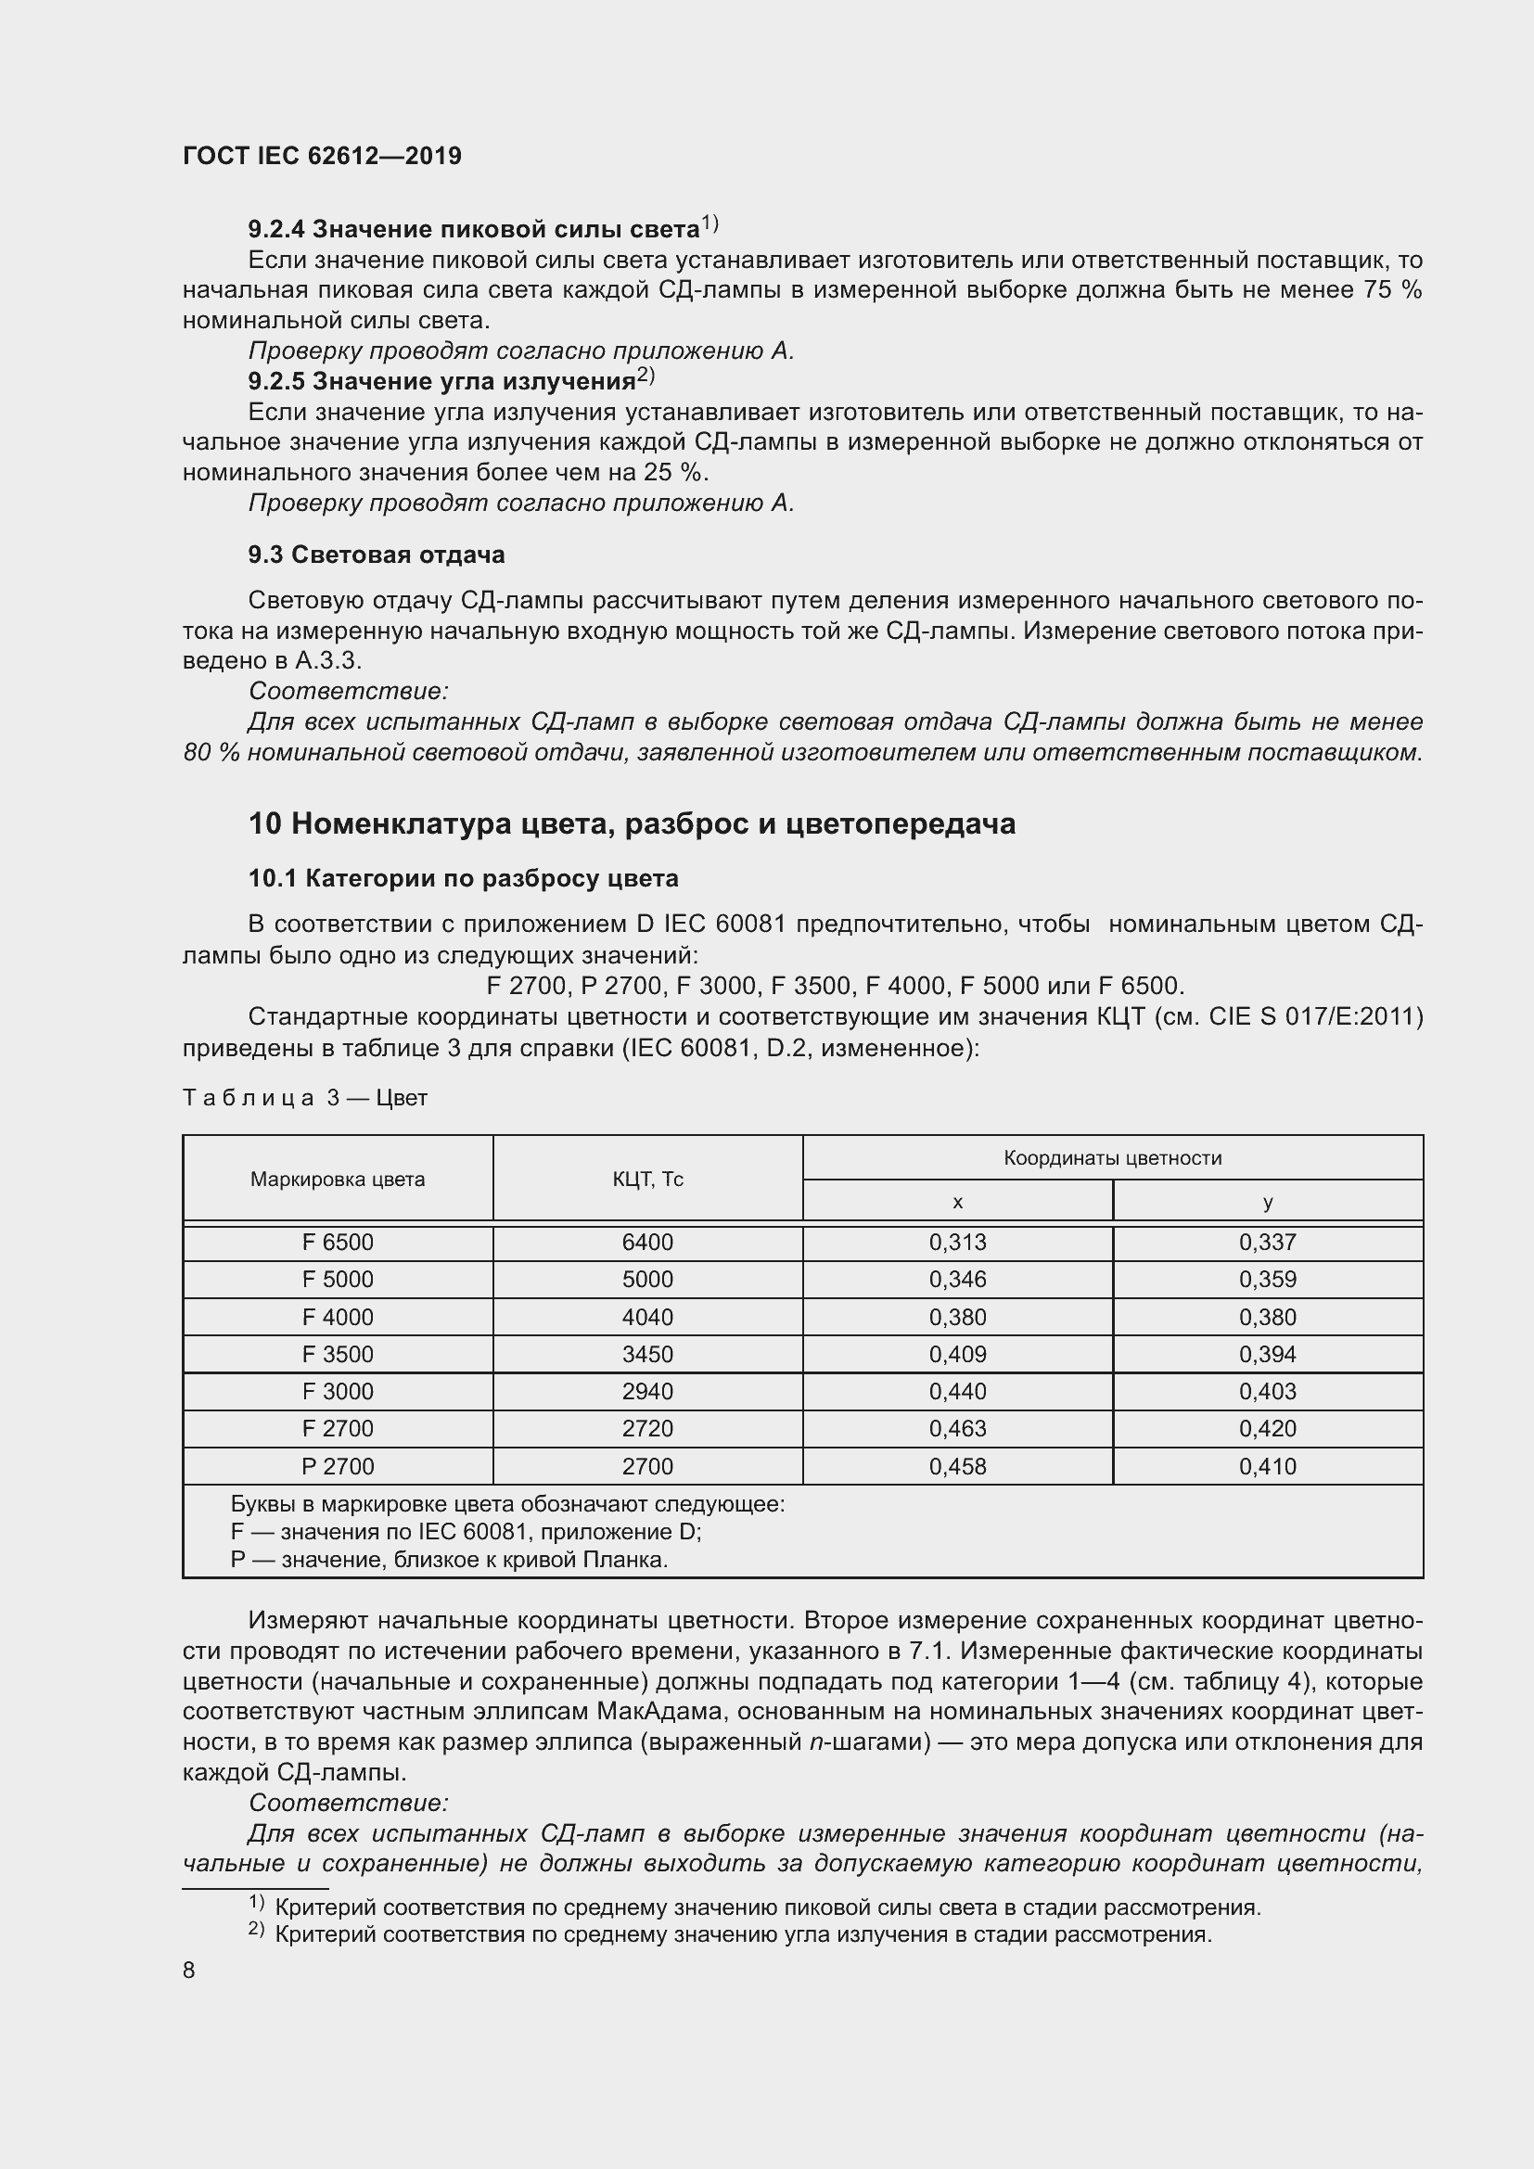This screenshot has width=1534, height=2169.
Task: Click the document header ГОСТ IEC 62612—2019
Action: (x=322, y=157)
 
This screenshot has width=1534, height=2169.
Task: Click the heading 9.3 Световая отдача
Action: (x=376, y=555)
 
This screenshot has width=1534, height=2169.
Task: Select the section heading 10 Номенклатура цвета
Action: (x=631, y=823)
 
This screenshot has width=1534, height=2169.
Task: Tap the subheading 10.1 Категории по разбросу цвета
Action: (x=463, y=878)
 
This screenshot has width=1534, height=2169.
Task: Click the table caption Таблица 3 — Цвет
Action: (x=304, y=1098)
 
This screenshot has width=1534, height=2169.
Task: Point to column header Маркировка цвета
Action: (x=338, y=1179)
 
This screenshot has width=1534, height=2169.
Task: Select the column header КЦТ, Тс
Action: (x=647, y=1179)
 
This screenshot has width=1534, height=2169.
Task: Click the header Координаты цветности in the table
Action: (x=1112, y=1158)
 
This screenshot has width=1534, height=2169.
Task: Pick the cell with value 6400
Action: (x=647, y=1243)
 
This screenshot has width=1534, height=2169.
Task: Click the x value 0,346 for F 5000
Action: (x=957, y=1279)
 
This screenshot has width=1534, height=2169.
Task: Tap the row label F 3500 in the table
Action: (x=338, y=1354)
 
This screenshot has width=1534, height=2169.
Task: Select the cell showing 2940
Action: (x=647, y=1391)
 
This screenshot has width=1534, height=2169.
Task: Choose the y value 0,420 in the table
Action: (x=1267, y=1428)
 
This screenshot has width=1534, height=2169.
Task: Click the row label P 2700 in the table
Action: (x=338, y=1466)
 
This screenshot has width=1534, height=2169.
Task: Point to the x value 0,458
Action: (x=957, y=1466)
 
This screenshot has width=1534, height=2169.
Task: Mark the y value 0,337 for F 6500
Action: (x=1267, y=1243)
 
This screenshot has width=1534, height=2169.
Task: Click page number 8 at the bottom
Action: (x=189, y=1970)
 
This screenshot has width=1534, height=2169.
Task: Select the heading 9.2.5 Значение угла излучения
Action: (x=441, y=382)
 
